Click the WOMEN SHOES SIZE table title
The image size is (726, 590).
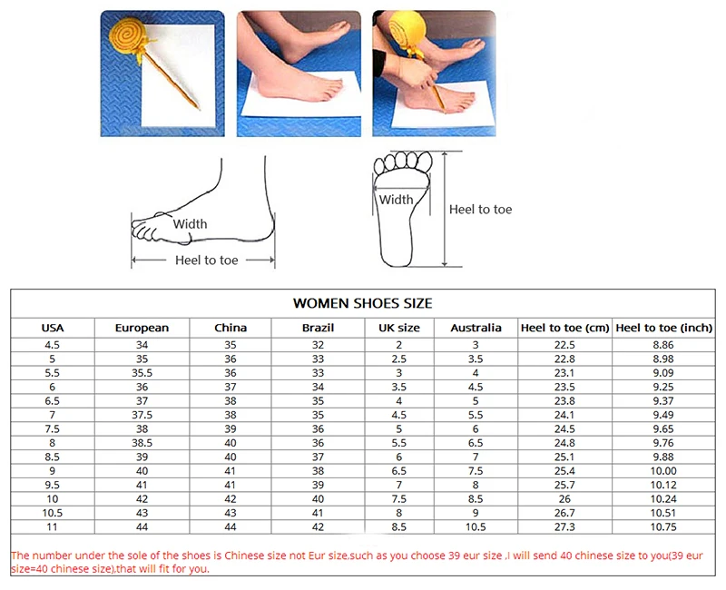[362, 303]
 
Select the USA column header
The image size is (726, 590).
[54, 328]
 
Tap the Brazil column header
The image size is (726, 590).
[318, 328]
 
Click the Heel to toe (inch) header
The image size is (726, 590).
[663, 328]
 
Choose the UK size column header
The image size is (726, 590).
[398, 328]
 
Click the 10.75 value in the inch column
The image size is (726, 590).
[663, 527]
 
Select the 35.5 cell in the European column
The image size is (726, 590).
[142, 373]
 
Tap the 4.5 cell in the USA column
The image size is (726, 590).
[54, 345]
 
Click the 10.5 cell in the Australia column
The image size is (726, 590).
[476, 527]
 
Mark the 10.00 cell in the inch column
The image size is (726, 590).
[663, 471]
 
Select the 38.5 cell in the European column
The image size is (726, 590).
[142, 443]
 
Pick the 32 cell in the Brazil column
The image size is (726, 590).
[318, 345]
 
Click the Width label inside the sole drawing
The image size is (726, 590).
[396, 200]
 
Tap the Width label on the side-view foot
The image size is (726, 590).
[190, 224]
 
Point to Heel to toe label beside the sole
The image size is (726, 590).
[480, 210]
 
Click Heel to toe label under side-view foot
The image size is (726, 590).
[206, 261]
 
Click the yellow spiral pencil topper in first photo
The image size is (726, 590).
[128, 39]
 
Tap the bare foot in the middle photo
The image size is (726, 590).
[299, 86]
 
